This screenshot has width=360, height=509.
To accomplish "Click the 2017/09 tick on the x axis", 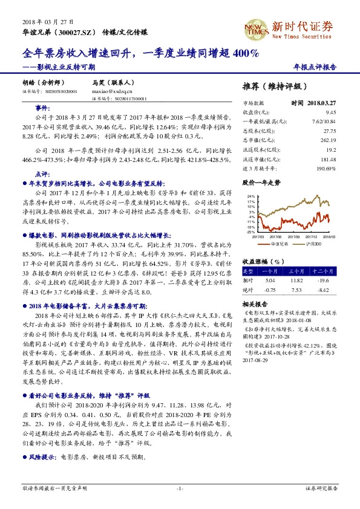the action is coord(295,237).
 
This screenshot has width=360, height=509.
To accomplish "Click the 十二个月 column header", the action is coord(324,272).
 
